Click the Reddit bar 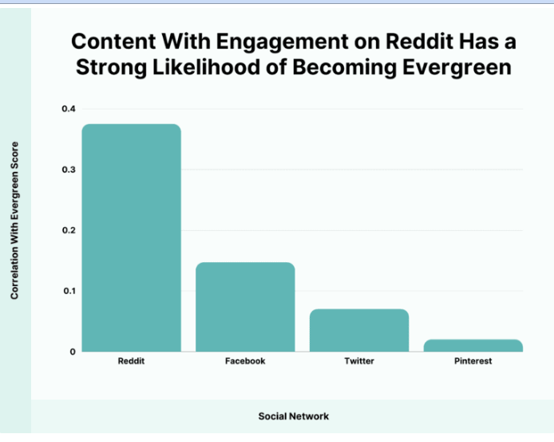[132, 237]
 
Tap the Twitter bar [359, 329]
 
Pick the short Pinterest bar [473, 345]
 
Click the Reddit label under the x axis [132, 361]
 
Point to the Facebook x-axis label [245, 361]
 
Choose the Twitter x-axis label [359, 361]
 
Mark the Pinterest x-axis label [473, 361]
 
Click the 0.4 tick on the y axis [69, 109]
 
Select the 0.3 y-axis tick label [69, 169]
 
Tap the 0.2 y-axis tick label [69, 230]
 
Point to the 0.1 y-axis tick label [69, 291]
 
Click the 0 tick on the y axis [73, 352]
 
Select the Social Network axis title [294, 416]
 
